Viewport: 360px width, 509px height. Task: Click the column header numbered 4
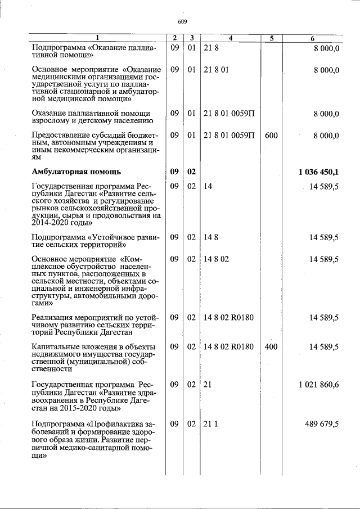pyautogui.click(x=231, y=38)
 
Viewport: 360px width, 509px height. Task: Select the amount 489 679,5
pyautogui.click(x=321, y=424)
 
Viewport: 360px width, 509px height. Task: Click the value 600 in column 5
pyautogui.click(x=271, y=136)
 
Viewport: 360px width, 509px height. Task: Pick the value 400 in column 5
pyautogui.click(x=271, y=347)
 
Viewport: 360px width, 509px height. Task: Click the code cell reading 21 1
pyautogui.click(x=210, y=424)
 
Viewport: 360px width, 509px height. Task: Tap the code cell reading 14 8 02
pyautogui.click(x=217, y=259)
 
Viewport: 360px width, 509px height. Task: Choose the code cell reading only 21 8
pyautogui.click(x=210, y=48)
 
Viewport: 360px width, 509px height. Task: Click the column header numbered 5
pyautogui.click(x=271, y=38)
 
